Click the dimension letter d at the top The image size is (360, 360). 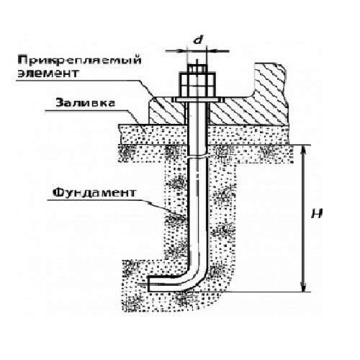click(x=198, y=40)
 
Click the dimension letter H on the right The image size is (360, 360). click(x=317, y=213)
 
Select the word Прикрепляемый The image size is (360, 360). click(x=80, y=60)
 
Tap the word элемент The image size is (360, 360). click(x=48, y=73)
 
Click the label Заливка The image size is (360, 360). click(x=85, y=103)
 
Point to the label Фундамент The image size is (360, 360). click(x=94, y=192)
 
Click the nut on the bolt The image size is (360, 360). click(x=197, y=84)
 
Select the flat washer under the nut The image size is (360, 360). click(x=197, y=99)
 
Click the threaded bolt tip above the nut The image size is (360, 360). click(x=197, y=68)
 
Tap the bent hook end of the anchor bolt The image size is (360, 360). click(x=178, y=283)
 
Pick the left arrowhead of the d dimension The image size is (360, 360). click(x=182, y=50)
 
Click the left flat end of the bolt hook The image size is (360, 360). click(x=148, y=284)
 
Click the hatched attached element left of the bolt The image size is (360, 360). click(x=167, y=111)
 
